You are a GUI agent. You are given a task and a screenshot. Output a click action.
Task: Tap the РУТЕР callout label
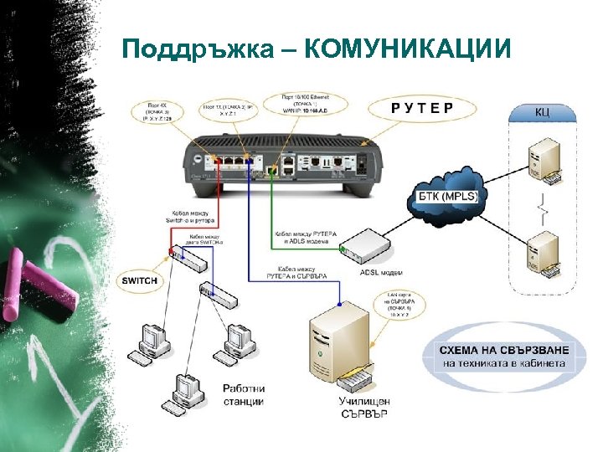(x=422, y=107)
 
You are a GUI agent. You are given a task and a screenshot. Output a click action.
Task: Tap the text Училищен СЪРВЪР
(x=363, y=407)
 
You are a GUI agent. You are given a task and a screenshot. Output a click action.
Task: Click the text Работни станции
(x=243, y=394)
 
